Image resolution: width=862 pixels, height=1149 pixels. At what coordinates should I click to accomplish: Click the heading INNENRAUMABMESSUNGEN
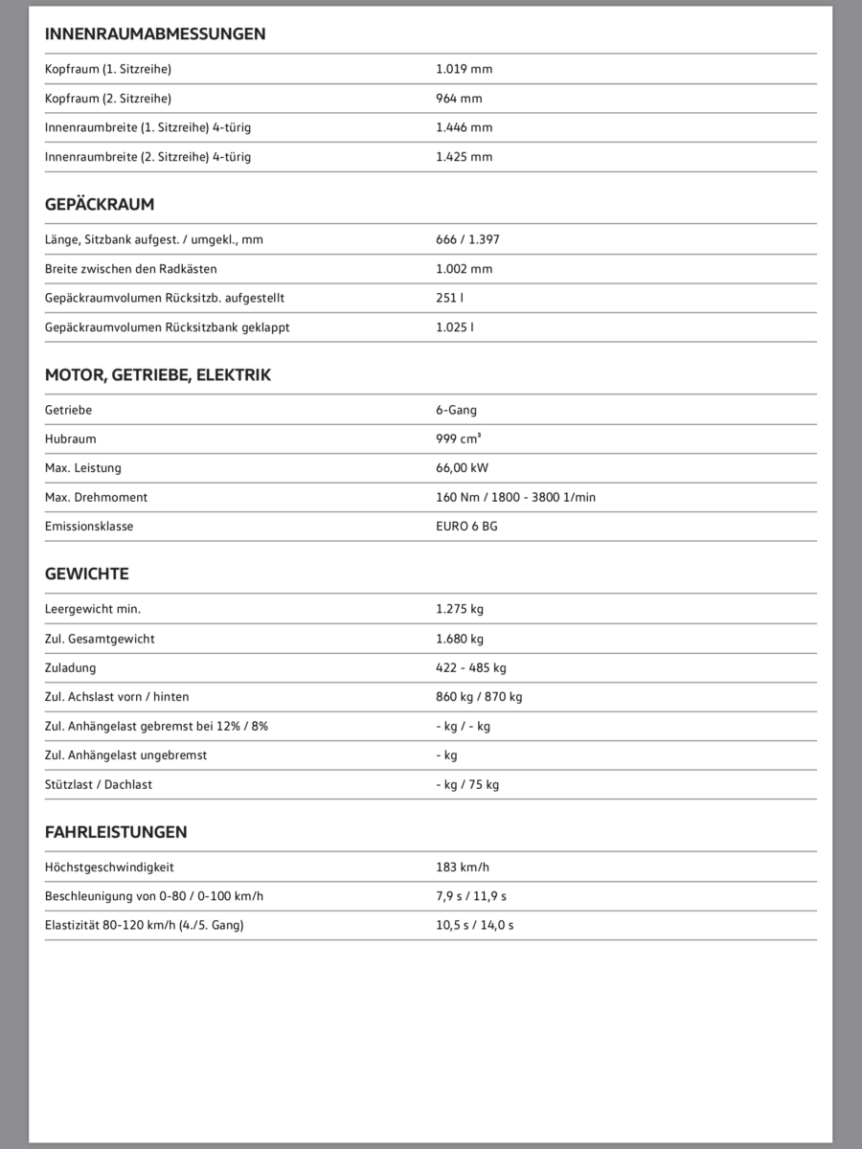tap(155, 34)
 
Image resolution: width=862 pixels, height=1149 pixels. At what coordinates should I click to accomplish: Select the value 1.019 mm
tap(464, 69)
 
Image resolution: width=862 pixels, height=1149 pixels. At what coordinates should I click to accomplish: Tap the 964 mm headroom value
tap(459, 98)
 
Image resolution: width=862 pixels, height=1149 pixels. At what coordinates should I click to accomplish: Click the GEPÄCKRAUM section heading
tap(100, 205)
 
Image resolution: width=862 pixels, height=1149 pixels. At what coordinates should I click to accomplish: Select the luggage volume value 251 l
tap(449, 298)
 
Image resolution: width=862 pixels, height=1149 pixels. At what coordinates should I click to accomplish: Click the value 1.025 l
tap(454, 327)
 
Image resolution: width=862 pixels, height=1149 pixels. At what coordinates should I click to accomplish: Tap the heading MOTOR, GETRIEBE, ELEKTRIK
tap(158, 375)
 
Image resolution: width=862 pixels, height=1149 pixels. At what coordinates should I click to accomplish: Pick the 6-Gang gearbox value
tap(456, 410)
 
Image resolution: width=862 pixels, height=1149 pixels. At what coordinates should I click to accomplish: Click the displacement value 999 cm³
tap(459, 439)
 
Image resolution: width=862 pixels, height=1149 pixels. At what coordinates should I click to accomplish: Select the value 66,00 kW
tap(463, 468)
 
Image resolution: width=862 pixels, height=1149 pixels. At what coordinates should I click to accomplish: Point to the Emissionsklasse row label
tap(89, 527)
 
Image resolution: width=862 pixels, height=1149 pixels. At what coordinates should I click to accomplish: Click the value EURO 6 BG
tap(466, 527)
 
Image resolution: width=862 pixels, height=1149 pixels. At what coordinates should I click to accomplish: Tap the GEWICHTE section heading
tap(86, 574)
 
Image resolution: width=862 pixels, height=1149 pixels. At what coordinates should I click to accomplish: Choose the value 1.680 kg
tap(460, 639)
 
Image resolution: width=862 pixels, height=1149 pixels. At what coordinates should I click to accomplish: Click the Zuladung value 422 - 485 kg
tap(471, 667)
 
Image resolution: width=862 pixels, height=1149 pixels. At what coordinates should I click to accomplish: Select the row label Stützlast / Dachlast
tap(99, 784)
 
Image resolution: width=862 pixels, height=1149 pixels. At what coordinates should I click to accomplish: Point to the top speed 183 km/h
tap(463, 867)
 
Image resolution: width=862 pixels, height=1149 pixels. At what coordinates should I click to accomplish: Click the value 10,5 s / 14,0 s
tap(475, 926)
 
